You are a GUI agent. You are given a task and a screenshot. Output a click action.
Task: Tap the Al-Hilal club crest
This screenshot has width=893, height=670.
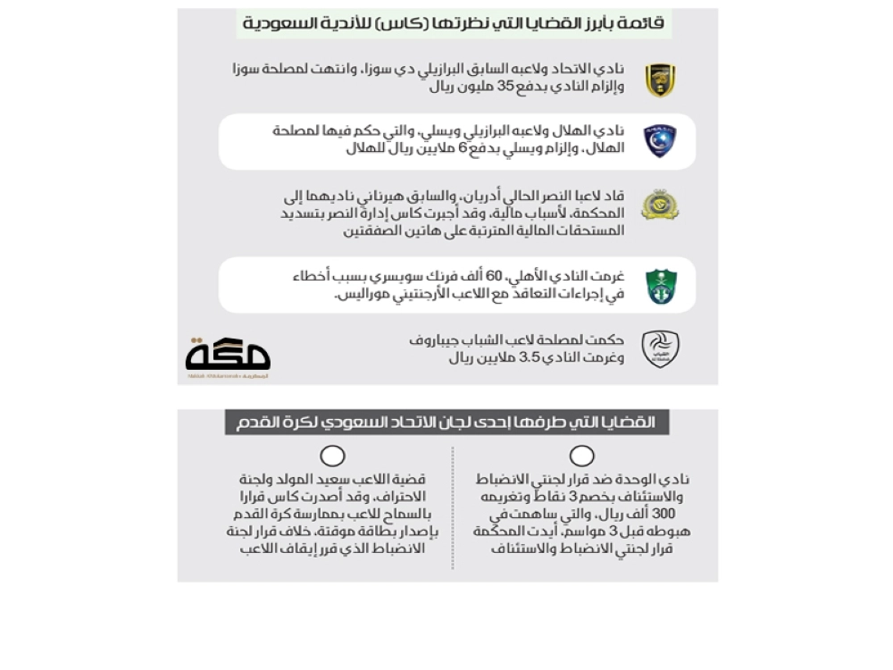pos(661,141)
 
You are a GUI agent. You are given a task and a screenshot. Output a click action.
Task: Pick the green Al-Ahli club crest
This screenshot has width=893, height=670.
pos(661,286)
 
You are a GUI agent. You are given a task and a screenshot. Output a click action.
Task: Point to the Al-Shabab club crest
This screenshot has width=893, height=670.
pos(660,348)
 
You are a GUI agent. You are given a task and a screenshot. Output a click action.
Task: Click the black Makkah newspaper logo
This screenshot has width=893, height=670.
pos(228,356)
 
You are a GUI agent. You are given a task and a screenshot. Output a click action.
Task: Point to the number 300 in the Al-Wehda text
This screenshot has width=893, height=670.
pos(663,515)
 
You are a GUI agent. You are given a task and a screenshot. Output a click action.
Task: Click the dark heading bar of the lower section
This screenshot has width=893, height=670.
pos(446,423)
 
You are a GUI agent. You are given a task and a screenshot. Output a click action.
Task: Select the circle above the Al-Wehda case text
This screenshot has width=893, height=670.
pos(581,456)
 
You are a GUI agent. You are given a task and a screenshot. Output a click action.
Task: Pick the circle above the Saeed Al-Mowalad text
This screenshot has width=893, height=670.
pos(332,456)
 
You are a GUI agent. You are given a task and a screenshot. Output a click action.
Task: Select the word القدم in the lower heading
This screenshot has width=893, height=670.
pos(256,423)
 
